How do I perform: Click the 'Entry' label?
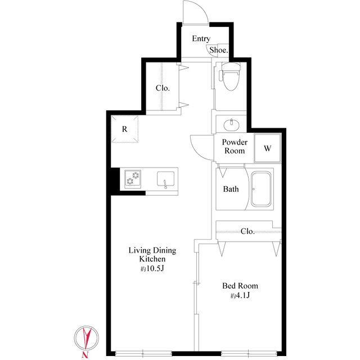point(201,39)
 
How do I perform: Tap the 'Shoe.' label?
point(219,50)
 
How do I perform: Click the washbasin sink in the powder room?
point(231,124)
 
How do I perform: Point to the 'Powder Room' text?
point(235,147)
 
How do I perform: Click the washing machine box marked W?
point(268,148)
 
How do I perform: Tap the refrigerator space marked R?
point(124,129)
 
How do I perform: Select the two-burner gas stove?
point(133,179)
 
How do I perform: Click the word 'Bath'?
point(231,189)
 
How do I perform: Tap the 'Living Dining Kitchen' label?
point(152,255)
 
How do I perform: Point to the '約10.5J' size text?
point(152,269)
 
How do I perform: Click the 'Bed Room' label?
point(240,286)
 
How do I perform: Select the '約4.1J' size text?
point(240,296)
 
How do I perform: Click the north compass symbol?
point(86,338)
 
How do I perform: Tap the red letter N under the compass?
point(84,355)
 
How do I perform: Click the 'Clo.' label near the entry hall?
point(163,88)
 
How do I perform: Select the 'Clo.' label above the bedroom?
point(247,231)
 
